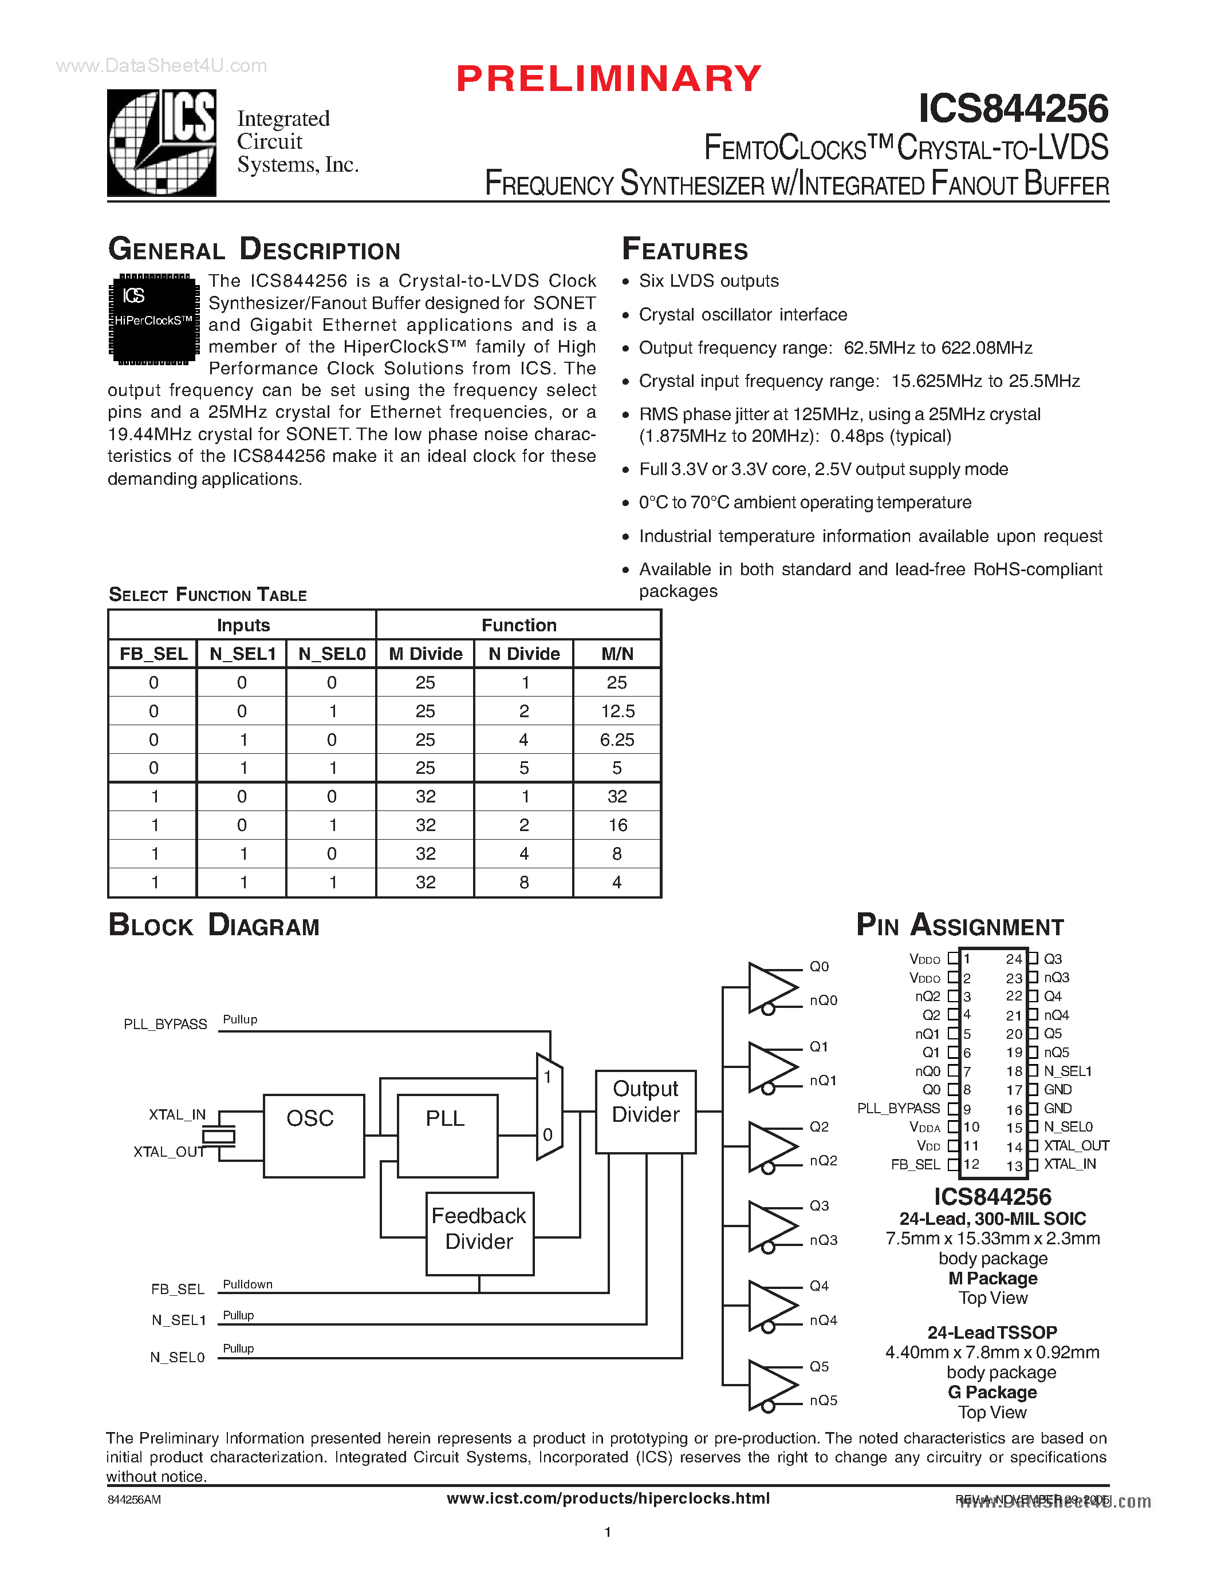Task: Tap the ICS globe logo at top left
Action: pos(162,143)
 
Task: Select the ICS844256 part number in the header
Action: pos(1013,109)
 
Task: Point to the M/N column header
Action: pos(617,654)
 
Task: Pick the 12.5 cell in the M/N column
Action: pos(617,711)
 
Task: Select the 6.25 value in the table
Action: pos(617,740)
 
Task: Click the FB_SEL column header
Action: pos(153,654)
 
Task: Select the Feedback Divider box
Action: pos(479,1233)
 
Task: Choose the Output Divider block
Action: pos(645,1112)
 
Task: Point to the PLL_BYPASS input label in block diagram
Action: pos(165,1024)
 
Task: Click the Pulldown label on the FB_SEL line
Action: pos(247,1284)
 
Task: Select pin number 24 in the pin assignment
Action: pos(1014,959)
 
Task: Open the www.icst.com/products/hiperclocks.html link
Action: pos(608,1498)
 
